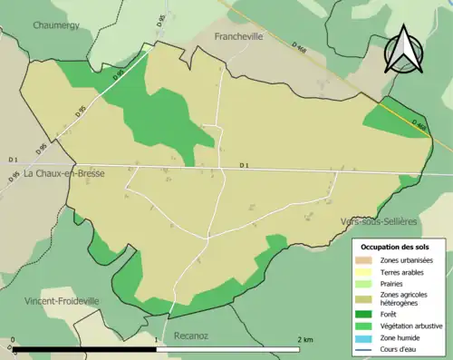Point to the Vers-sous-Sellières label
(379, 221)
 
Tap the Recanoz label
(190, 336)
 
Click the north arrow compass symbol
(404, 51)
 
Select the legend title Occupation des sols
(397, 246)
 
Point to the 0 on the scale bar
(14, 340)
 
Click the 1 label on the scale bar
(157, 340)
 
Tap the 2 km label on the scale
(305, 340)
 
